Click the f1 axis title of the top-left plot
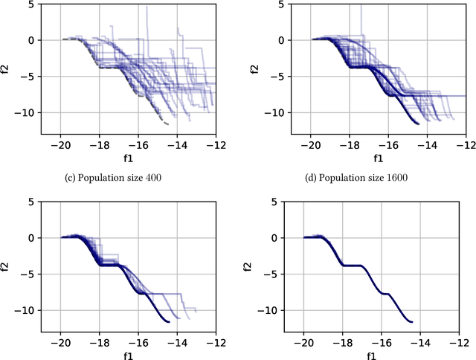tap(135, 158)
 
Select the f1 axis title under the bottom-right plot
tap(379, 356)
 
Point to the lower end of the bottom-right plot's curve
tap(411, 322)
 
